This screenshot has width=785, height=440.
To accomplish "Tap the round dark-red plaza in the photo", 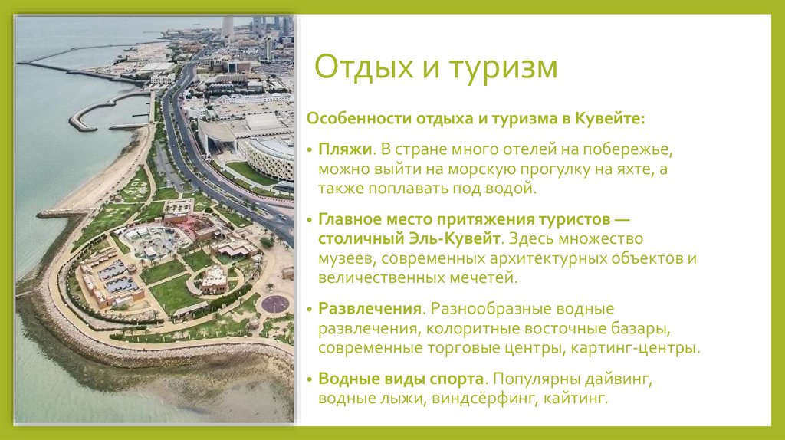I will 275,304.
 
